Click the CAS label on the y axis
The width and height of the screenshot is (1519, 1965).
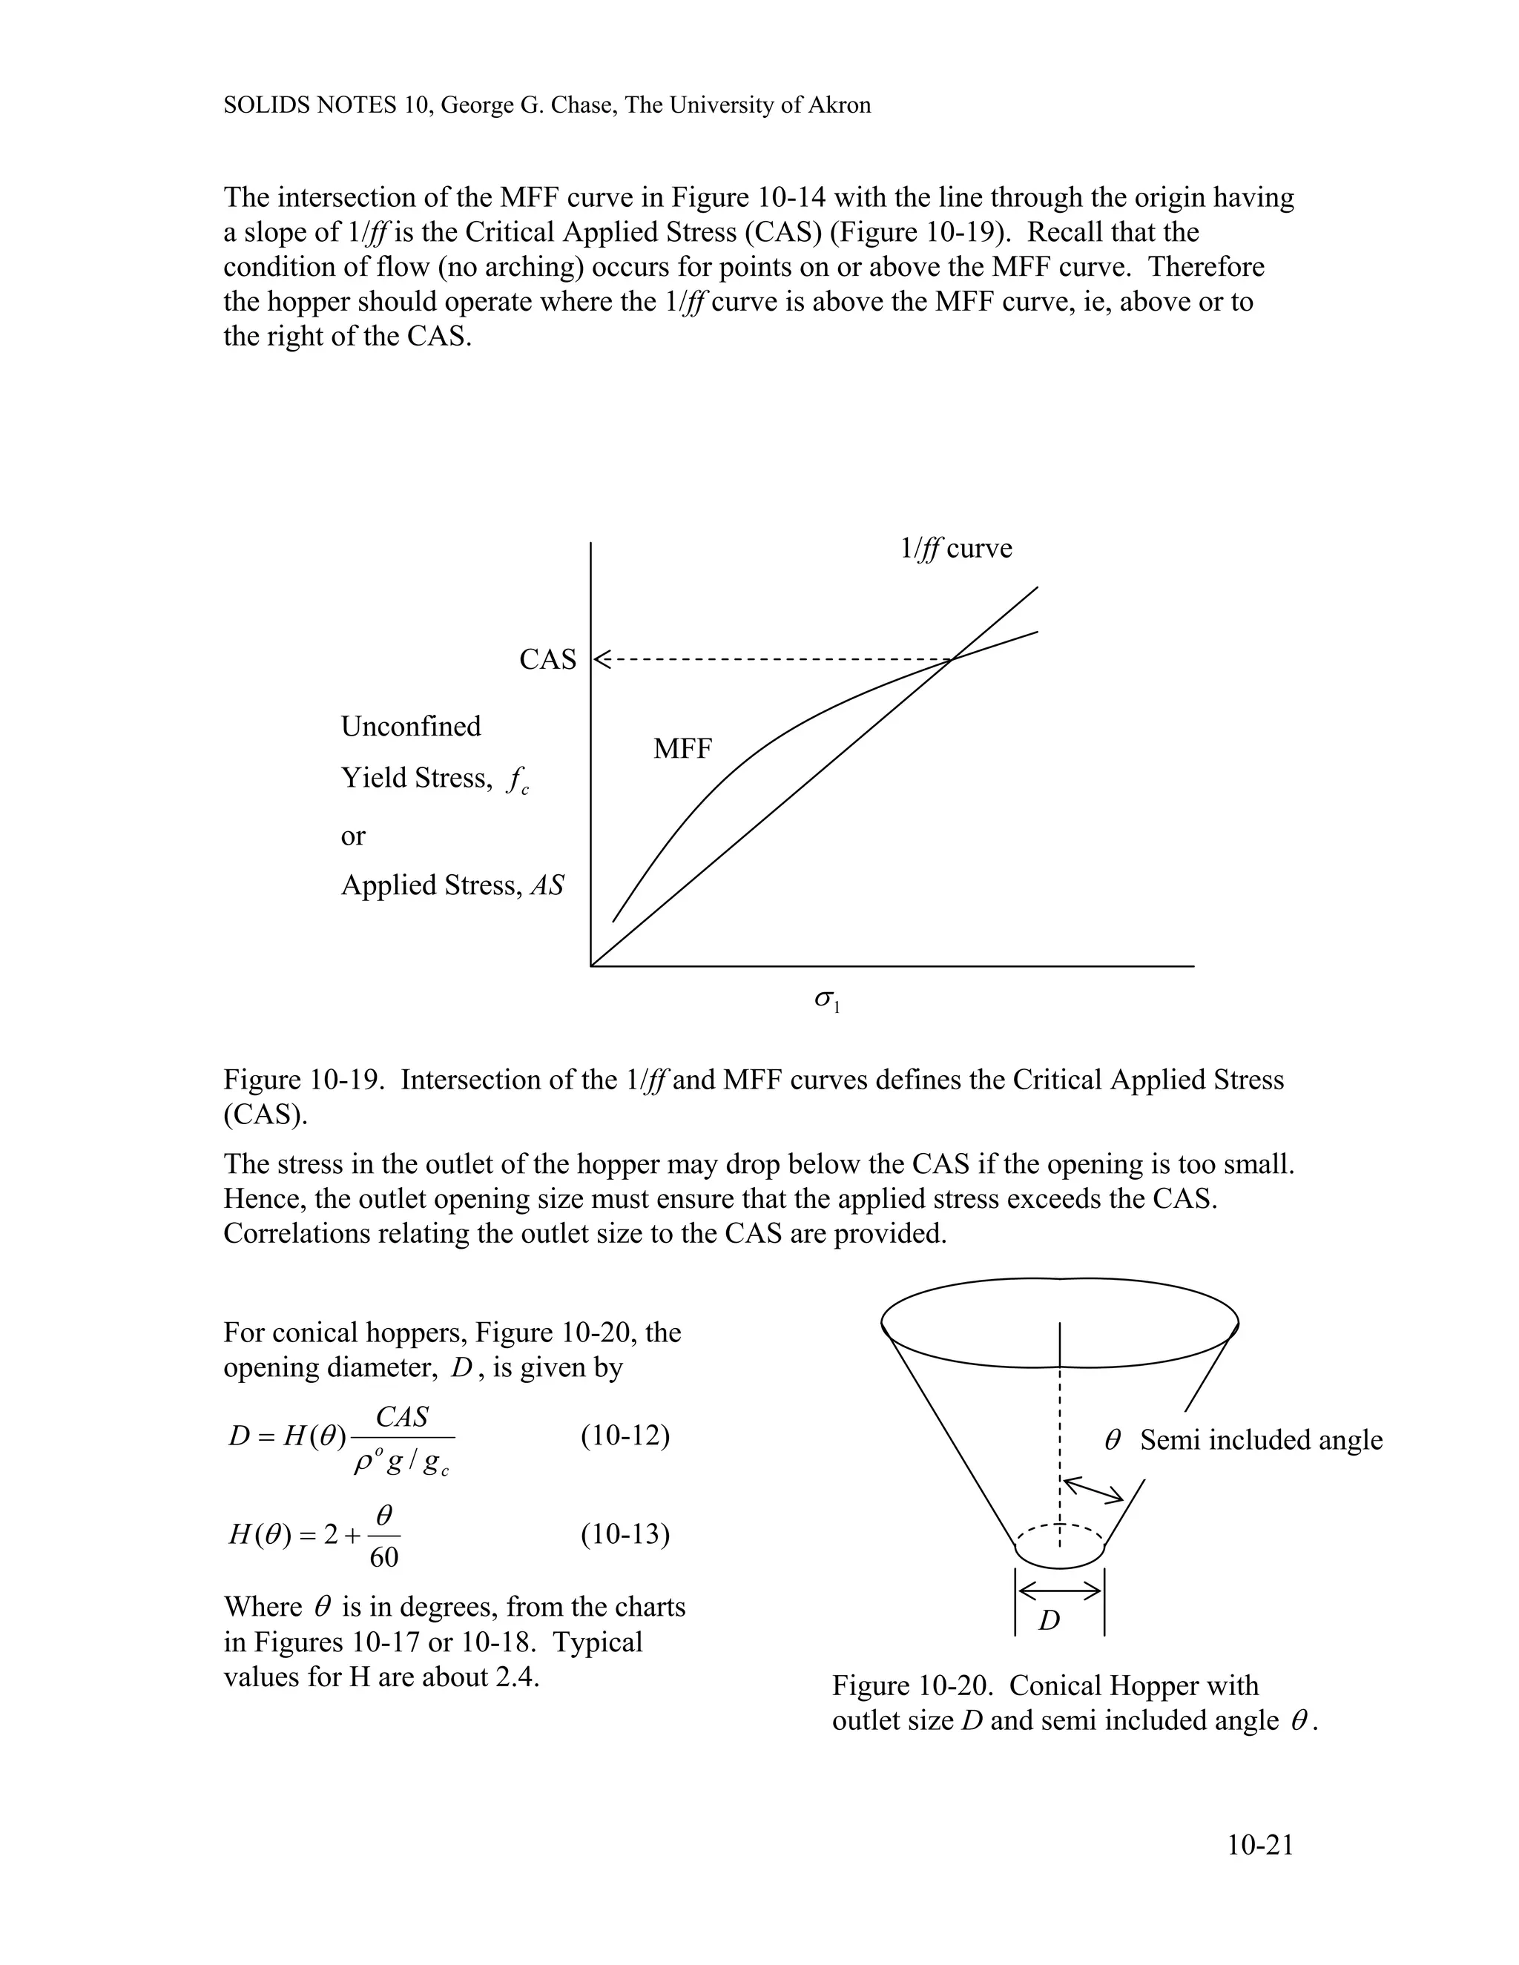click(x=547, y=659)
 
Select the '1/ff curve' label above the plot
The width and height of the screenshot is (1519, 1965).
click(x=955, y=549)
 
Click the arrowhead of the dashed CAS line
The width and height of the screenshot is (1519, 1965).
click(x=601, y=659)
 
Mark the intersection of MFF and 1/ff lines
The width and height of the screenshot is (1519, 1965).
click(x=950, y=659)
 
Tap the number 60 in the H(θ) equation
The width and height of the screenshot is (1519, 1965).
click(x=384, y=1556)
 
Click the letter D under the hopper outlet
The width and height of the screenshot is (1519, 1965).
click(x=1050, y=1620)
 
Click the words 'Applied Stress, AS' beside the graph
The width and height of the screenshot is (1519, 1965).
click(x=452, y=885)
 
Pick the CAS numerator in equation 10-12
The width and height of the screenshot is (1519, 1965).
click(x=401, y=1417)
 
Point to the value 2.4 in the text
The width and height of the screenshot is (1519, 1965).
click(x=515, y=1677)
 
